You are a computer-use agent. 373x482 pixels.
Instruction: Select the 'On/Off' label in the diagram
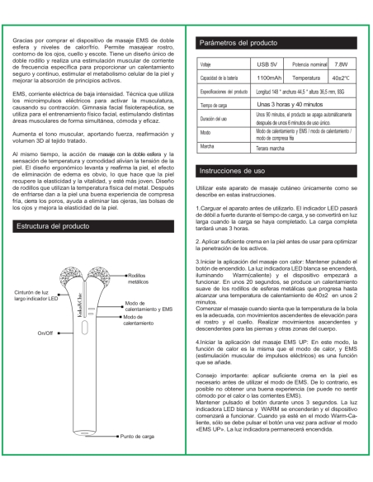[43, 332]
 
